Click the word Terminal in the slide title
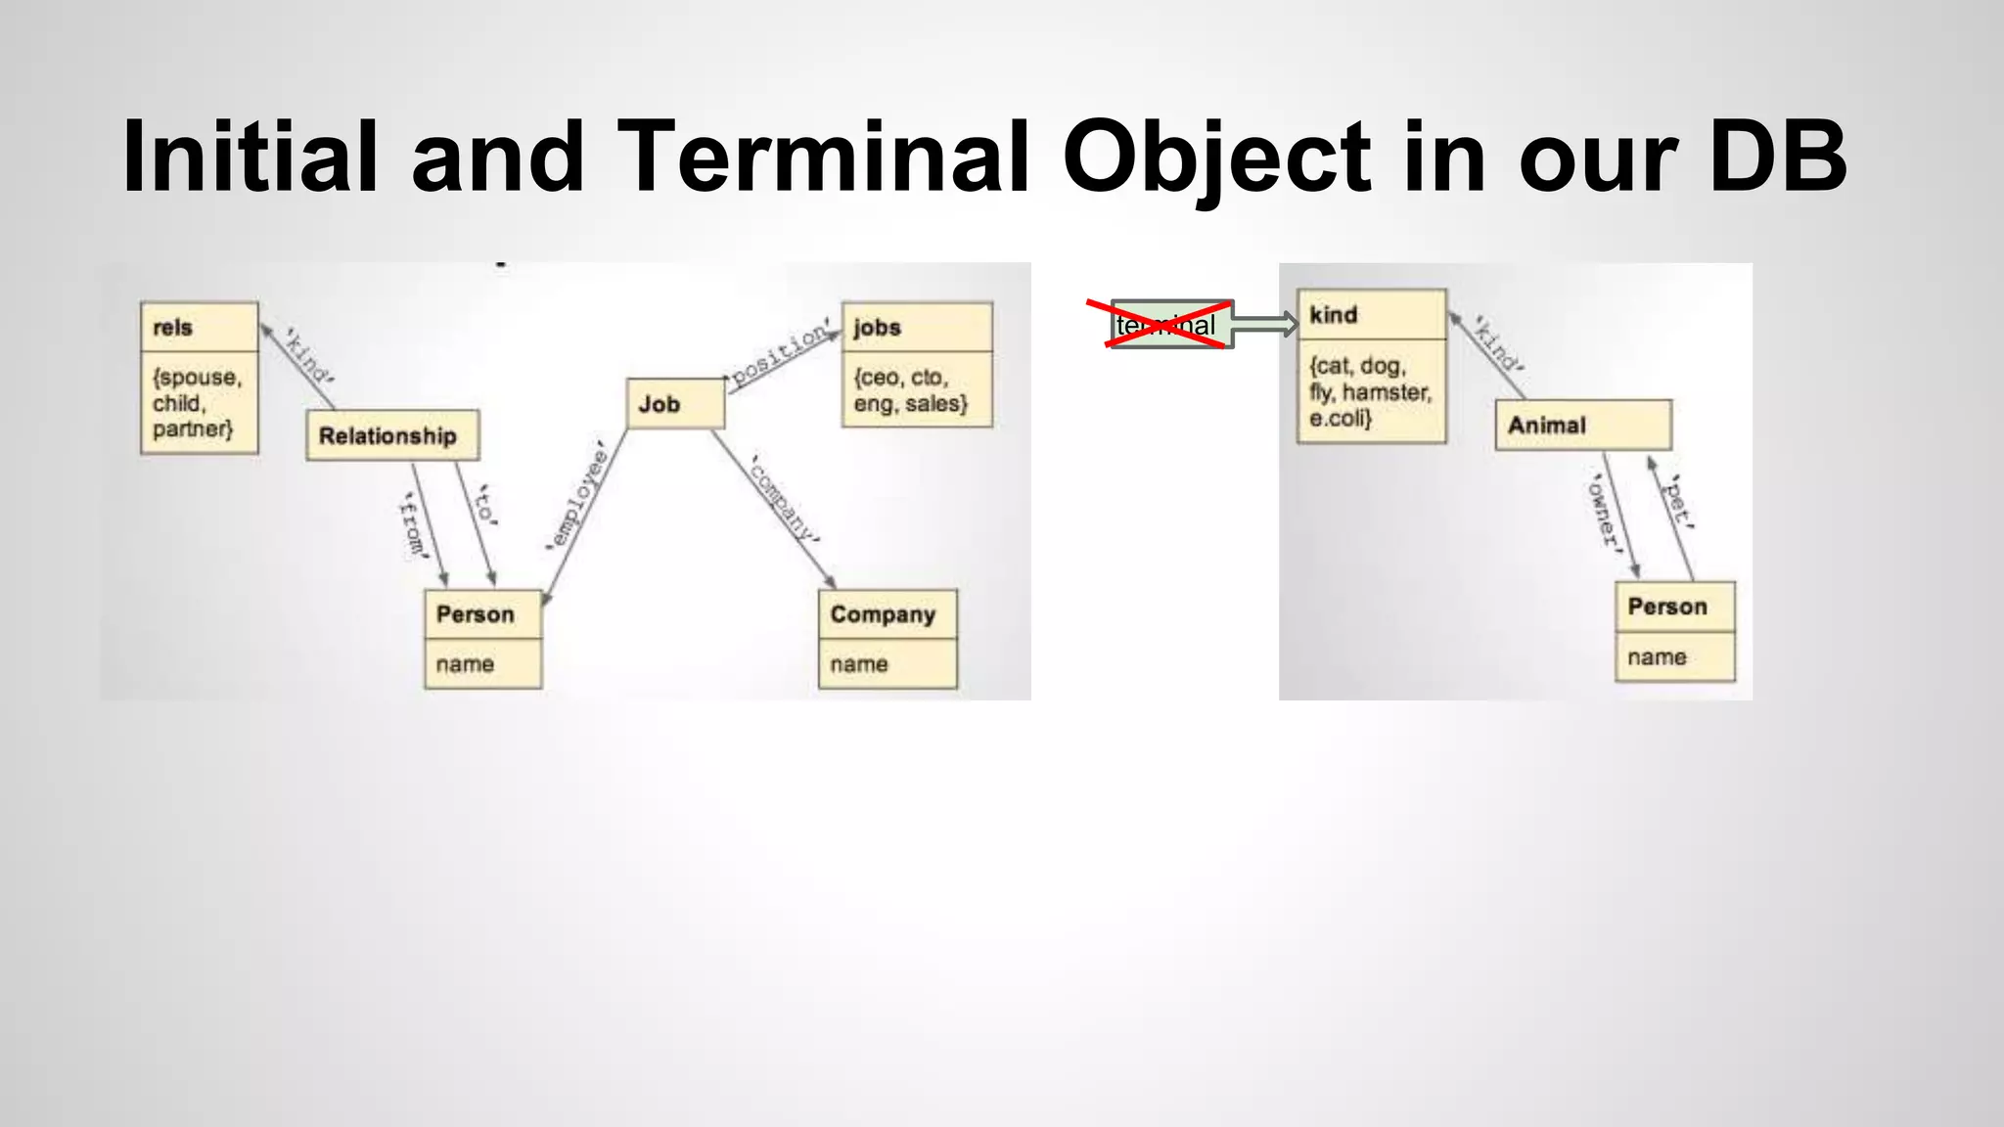[824, 157]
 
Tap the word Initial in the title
[250, 157]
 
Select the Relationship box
[392, 435]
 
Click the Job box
[675, 403]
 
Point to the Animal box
[1582, 425]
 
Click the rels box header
[200, 327]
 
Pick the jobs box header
[917, 327]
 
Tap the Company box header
[887, 614]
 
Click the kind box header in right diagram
[1371, 315]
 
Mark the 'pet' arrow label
[1680, 501]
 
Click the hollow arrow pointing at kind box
[1264, 324]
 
